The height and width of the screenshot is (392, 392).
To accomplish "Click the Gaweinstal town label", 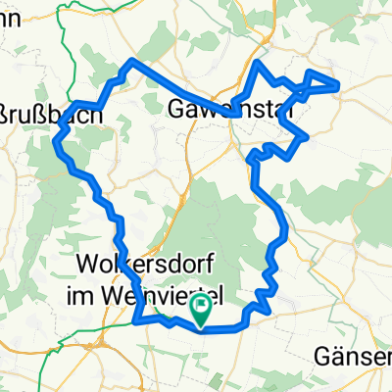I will (232, 106).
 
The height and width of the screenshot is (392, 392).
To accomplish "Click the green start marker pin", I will (201, 310).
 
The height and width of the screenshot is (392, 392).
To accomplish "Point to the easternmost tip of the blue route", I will (338, 85).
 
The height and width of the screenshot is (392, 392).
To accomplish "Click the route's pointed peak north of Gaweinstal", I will (259, 64).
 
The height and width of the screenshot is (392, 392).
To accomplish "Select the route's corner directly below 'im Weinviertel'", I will (143, 318).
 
